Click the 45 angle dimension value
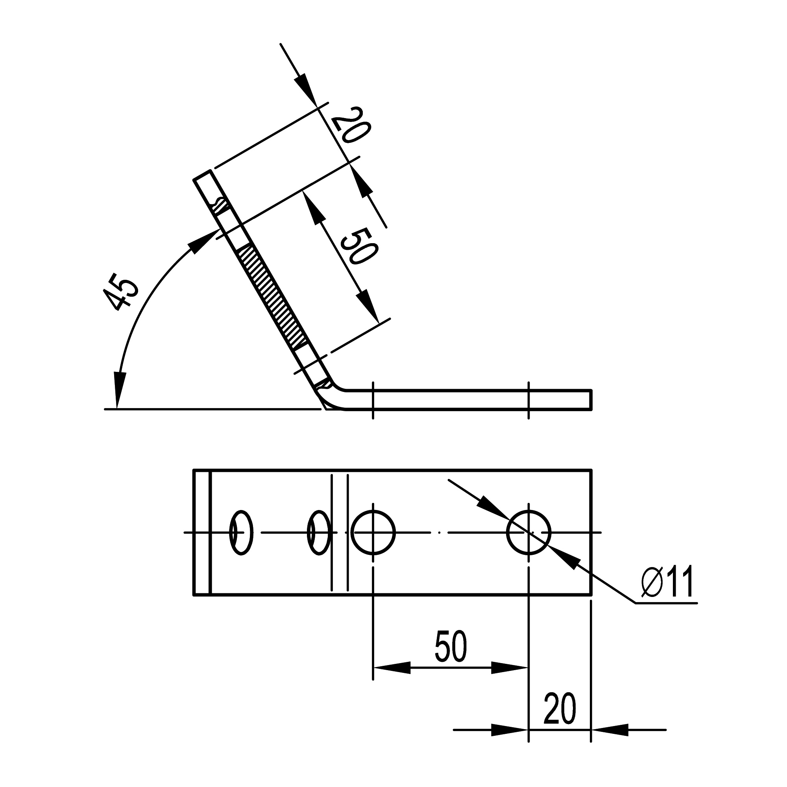[120, 293]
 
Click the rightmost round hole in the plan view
[528, 532]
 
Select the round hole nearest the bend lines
[373, 532]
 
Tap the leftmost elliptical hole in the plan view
[241, 532]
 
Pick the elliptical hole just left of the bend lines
[319, 532]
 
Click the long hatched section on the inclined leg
[273, 296]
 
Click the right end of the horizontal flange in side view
[590, 400]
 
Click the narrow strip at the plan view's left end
[201, 532]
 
